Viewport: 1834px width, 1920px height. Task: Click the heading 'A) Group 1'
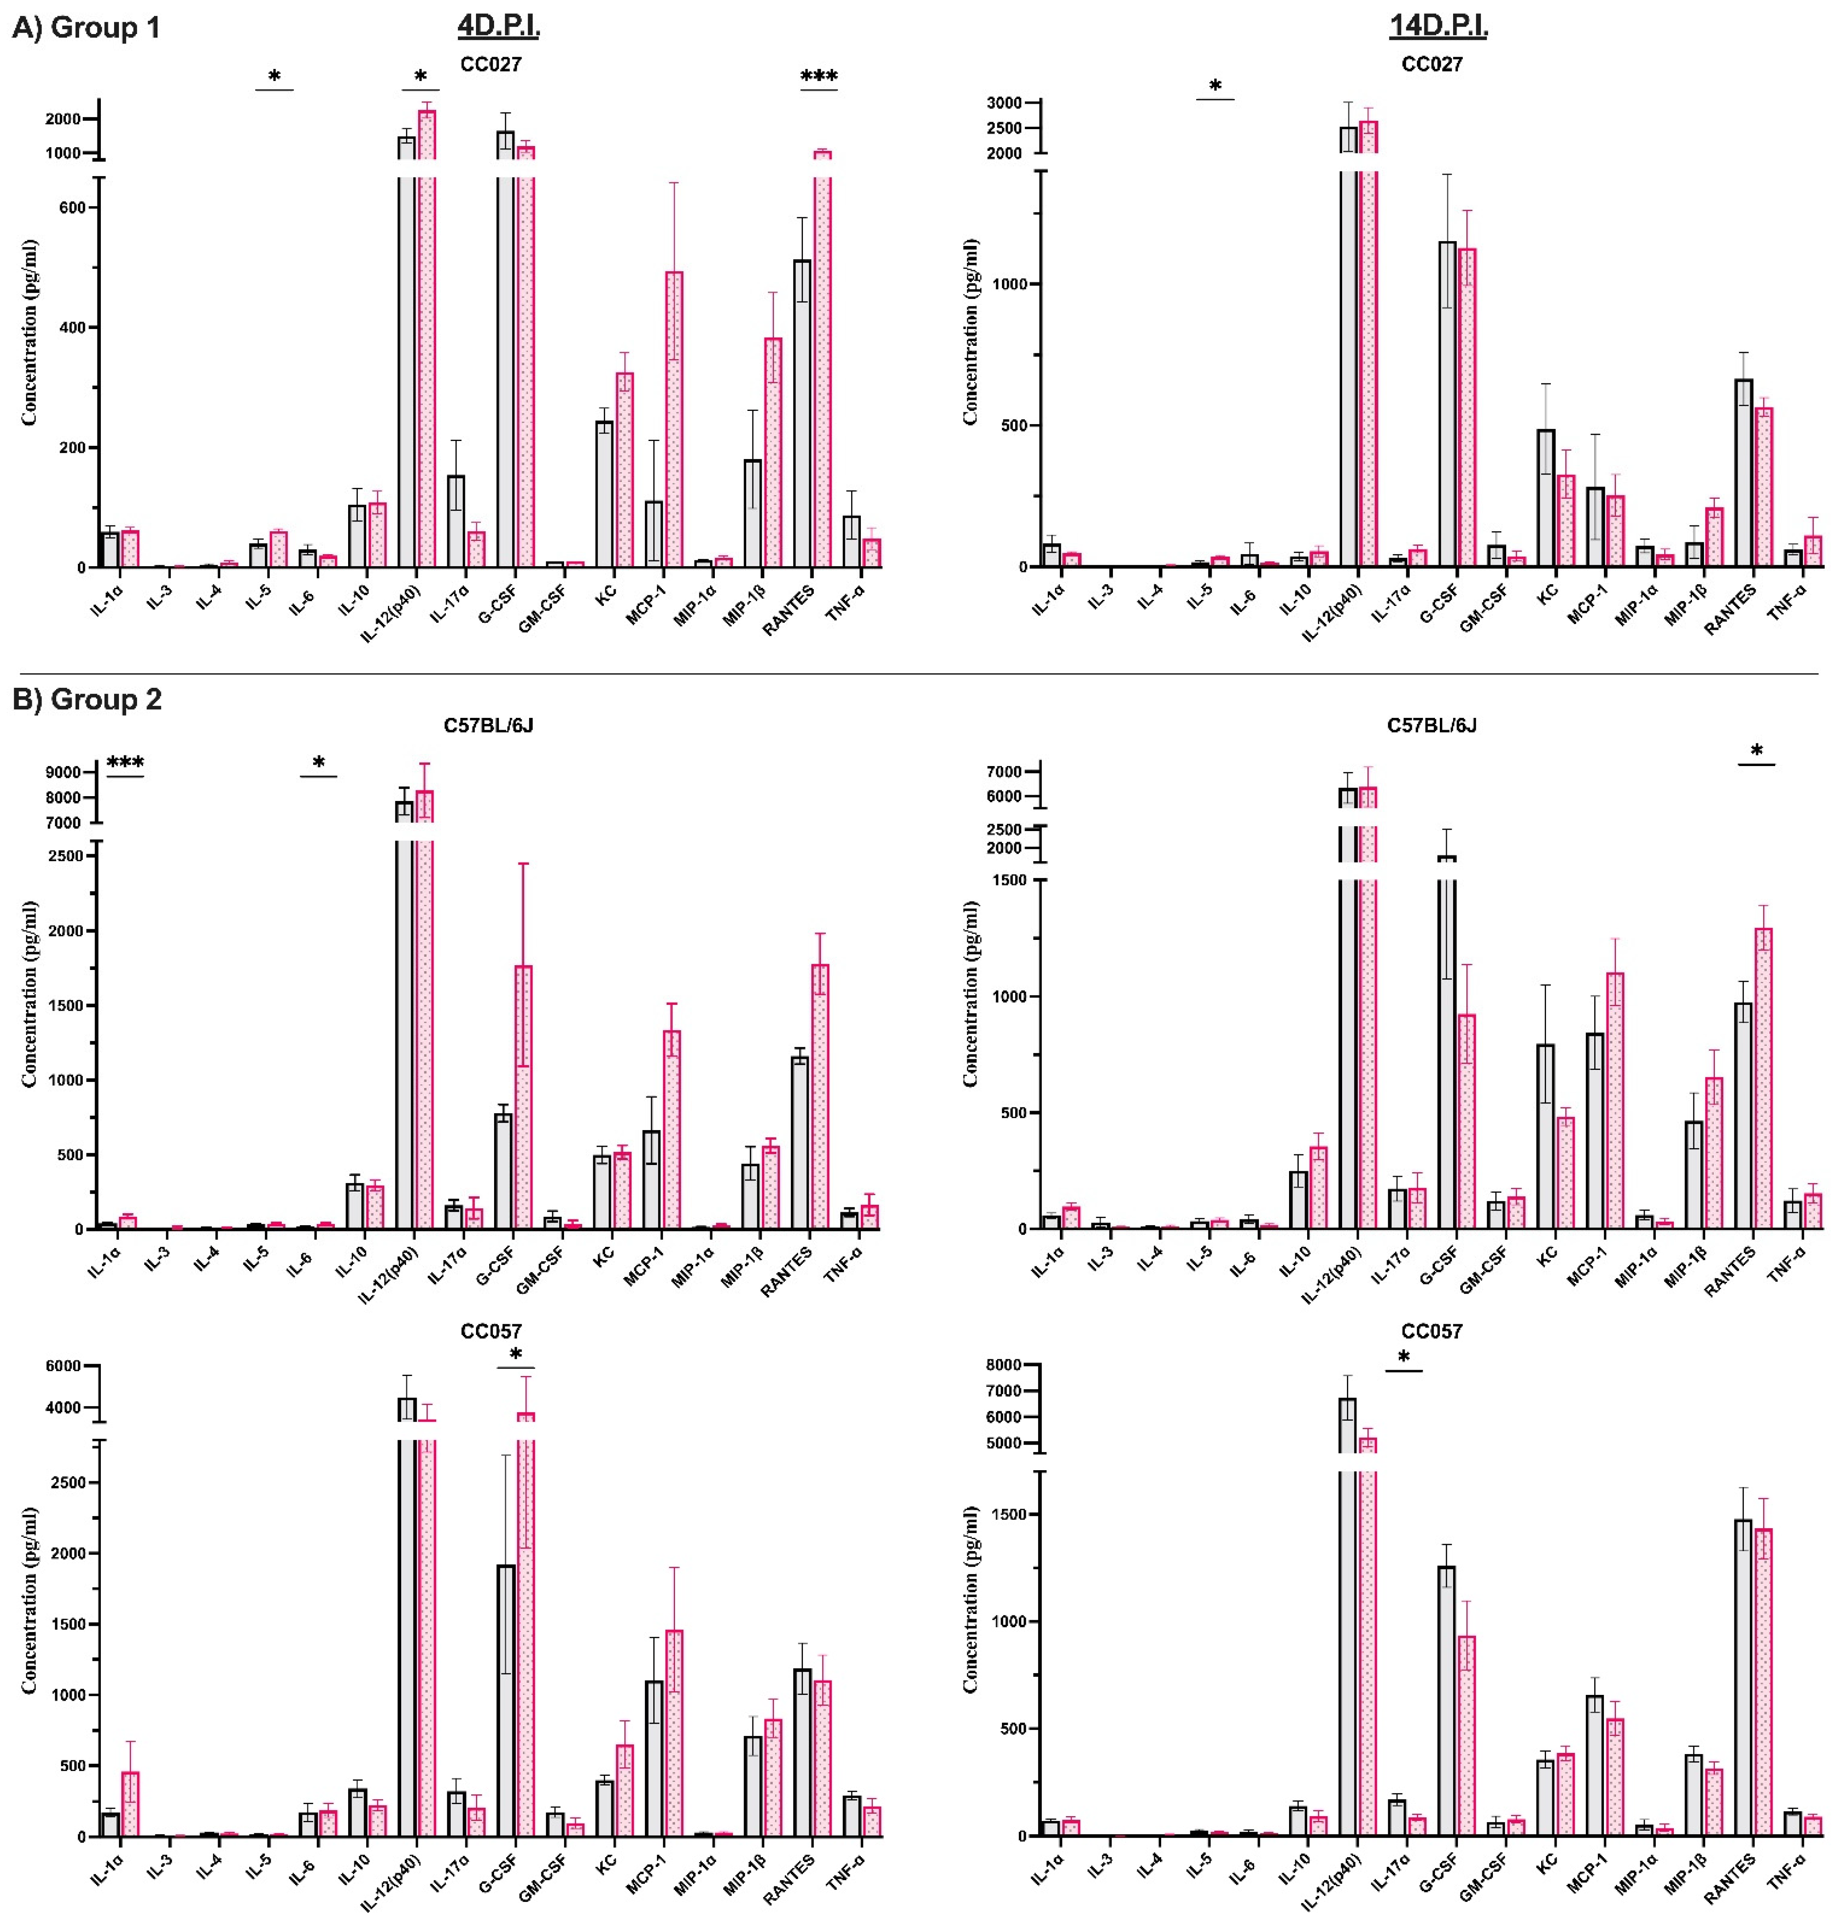pyautogui.click(x=86, y=27)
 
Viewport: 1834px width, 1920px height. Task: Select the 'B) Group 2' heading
pyautogui.click(x=86, y=699)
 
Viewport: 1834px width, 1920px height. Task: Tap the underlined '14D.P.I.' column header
pyautogui.click(x=1438, y=27)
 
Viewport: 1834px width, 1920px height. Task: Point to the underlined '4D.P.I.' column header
pyautogui.click(x=499, y=27)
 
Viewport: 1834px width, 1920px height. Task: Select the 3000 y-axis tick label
pyautogui.click(x=1004, y=103)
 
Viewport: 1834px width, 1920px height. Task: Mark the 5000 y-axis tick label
pyautogui.click(x=1004, y=1443)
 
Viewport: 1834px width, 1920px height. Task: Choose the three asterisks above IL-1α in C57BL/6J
pyautogui.click(x=125, y=763)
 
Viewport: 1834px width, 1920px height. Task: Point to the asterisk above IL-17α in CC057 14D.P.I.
pyautogui.click(x=1404, y=1357)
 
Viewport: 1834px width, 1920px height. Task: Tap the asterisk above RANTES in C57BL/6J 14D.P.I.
pyautogui.click(x=1757, y=751)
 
